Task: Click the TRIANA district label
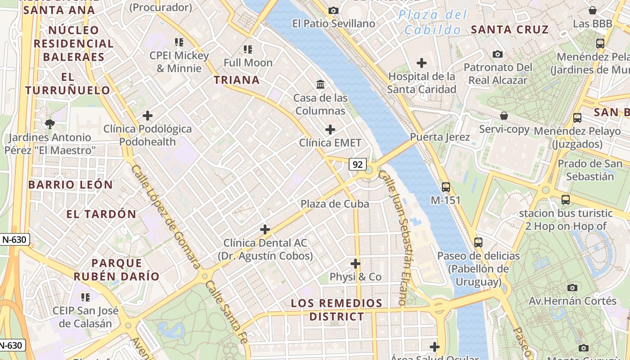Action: click(x=237, y=80)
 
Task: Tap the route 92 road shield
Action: click(x=358, y=164)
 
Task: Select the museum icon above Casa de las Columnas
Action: click(x=320, y=84)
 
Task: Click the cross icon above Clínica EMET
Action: click(x=330, y=130)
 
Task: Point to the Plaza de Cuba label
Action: click(x=335, y=204)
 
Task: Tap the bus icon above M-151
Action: click(x=445, y=187)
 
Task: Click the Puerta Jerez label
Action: click(x=440, y=137)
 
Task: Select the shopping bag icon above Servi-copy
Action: click(x=504, y=116)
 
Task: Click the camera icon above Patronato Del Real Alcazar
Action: click(x=498, y=54)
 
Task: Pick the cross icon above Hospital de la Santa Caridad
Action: click(x=422, y=63)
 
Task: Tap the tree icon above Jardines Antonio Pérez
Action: click(x=49, y=123)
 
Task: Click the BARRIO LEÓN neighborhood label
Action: click(x=71, y=184)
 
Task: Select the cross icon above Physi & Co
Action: click(x=355, y=263)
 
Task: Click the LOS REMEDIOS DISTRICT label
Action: click(x=337, y=310)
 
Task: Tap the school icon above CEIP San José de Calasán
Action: click(x=85, y=297)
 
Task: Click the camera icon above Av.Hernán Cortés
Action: click(x=572, y=287)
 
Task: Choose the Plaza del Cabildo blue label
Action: click(x=432, y=22)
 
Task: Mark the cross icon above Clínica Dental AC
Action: click(x=265, y=229)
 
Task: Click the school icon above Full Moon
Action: click(x=248, y=49)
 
